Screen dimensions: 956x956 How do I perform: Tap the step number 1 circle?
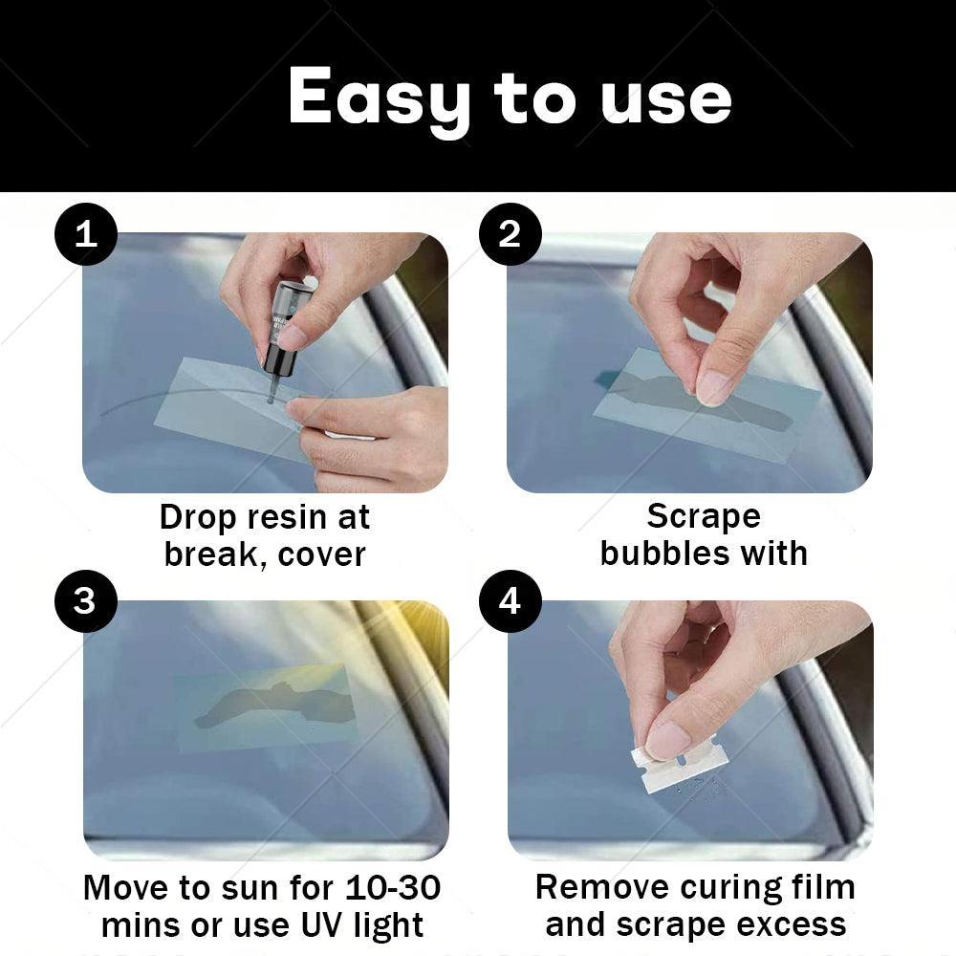[x=86, y=234]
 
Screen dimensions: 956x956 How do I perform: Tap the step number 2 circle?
[x=510, y=234]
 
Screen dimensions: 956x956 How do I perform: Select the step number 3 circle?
[x=86, y=602]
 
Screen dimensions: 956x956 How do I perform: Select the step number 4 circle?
[x=510, y=602]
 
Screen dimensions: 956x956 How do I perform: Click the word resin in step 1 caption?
[x=283, y=517]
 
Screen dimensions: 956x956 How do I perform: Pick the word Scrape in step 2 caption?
[x=704, y=516]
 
